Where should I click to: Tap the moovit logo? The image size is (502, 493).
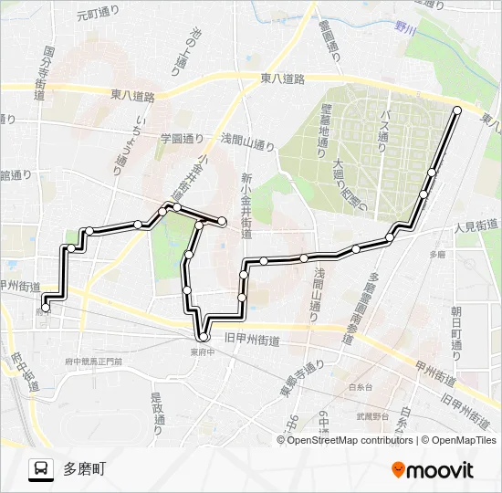tap(433, 470)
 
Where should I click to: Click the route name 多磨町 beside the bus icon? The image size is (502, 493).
tap(84, 469)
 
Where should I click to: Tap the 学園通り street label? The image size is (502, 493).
tap(183, 140)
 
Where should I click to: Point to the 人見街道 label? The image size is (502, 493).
tap(476, 225)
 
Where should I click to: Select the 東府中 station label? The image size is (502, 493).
tap(203, 351)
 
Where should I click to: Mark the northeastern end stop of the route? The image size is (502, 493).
tap(457, 110)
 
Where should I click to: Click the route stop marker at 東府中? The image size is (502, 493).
tap(204, 338)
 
